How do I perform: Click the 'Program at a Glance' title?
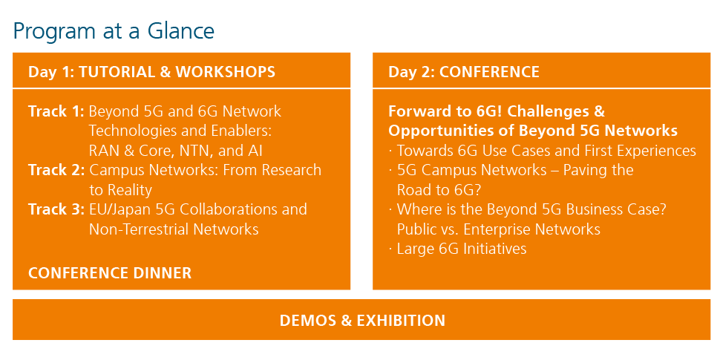pos(114,31)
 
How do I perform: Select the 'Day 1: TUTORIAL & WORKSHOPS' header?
pos(152,72)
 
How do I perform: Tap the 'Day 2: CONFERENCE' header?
pos(464,72)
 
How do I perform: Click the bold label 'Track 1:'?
pos(56,111)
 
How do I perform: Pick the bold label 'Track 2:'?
pos(56,171)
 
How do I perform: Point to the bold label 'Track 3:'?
pos(56,209)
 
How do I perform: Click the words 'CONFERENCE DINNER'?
pos(110,273)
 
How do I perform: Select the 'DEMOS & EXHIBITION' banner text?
pos(362,321)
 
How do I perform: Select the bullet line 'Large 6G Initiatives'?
pos(462,249)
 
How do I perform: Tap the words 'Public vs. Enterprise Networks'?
pos(499,229)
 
